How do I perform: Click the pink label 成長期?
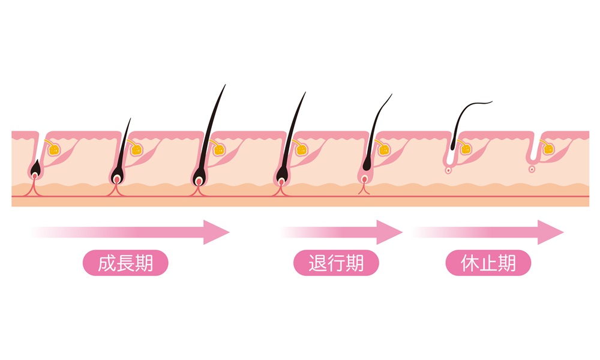coord(125,264)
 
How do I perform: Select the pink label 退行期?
coord(336,264)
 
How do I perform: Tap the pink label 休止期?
coord(488,264)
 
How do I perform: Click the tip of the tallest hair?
coord(225,85)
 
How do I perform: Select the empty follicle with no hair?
coord(532,153)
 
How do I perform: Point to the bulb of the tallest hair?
coord(199,178)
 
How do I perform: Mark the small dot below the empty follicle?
coord(532,169)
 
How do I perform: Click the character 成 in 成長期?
coord(107,264)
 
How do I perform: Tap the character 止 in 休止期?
coord(488,264)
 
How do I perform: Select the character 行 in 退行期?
coord(336,264)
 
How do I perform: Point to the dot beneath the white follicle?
coord(448,170)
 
